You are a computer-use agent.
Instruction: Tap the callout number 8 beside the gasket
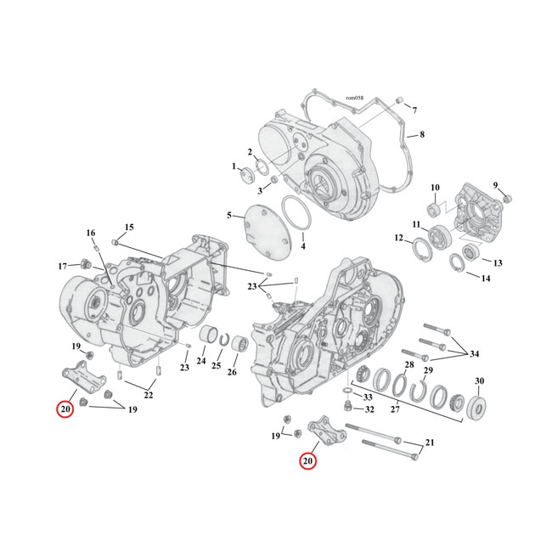pyautogui.click(x=421, y=135)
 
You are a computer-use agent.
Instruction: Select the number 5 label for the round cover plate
pyautogui.click(x=228, y=216)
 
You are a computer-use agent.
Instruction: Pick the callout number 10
pyautogui.click(x=434, y=188)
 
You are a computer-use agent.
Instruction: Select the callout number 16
pyautogui.click(x=91, y=233)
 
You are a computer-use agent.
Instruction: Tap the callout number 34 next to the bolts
pyautogui.click(x=474, y=354)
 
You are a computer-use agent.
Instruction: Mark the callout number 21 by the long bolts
pyautogui.click(x=430, y=443)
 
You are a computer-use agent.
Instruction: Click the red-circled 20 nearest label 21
pyautogui.click(x=307, y=462)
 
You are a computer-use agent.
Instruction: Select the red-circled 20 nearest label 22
pyautogui.click(x=65, y=409)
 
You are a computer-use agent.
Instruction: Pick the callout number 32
pyautogui.click(x=369, y=409)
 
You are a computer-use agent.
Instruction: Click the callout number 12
pyautogui.click(x=398, y=239)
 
